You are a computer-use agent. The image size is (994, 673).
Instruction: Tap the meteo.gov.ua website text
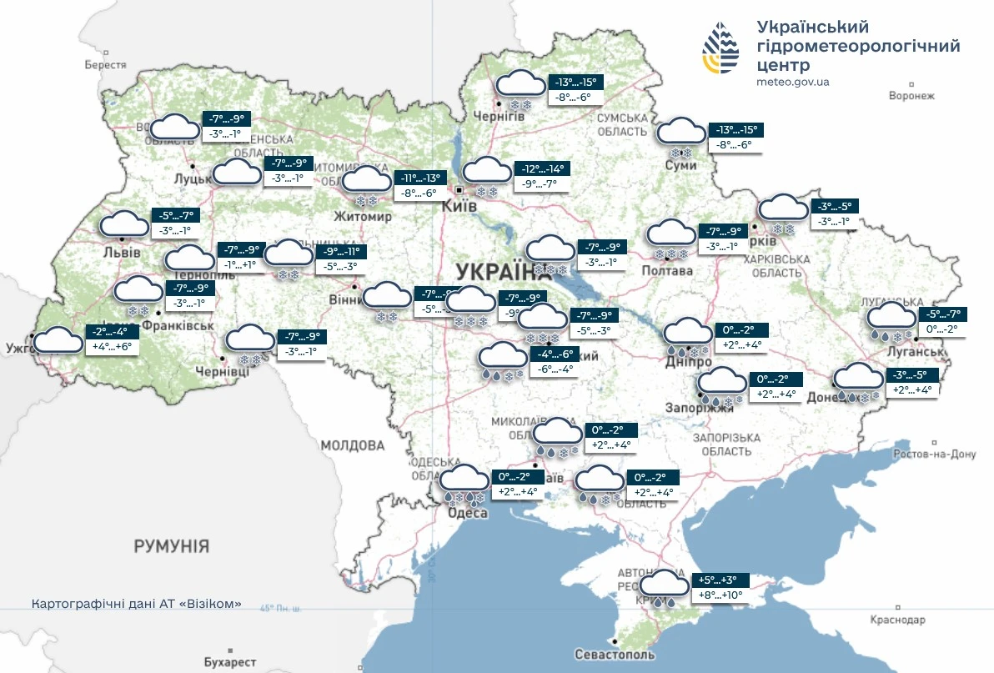[792, 82]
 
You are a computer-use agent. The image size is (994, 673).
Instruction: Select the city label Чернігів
[497, 117]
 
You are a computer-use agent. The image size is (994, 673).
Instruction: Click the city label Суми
[681, 166]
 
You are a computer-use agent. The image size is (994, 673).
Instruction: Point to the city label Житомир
[362, 217]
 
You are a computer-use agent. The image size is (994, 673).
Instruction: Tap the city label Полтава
[667, 271]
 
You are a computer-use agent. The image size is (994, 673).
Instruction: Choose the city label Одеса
[467, 513]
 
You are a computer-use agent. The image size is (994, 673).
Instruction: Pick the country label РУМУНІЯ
[171, 546]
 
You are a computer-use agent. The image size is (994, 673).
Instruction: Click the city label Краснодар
[897, 620]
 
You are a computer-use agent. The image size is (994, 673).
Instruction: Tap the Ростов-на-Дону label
[933, 455]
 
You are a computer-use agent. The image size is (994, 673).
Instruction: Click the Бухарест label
[229, 662]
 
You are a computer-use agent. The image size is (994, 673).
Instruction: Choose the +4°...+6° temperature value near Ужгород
[112, 346]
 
